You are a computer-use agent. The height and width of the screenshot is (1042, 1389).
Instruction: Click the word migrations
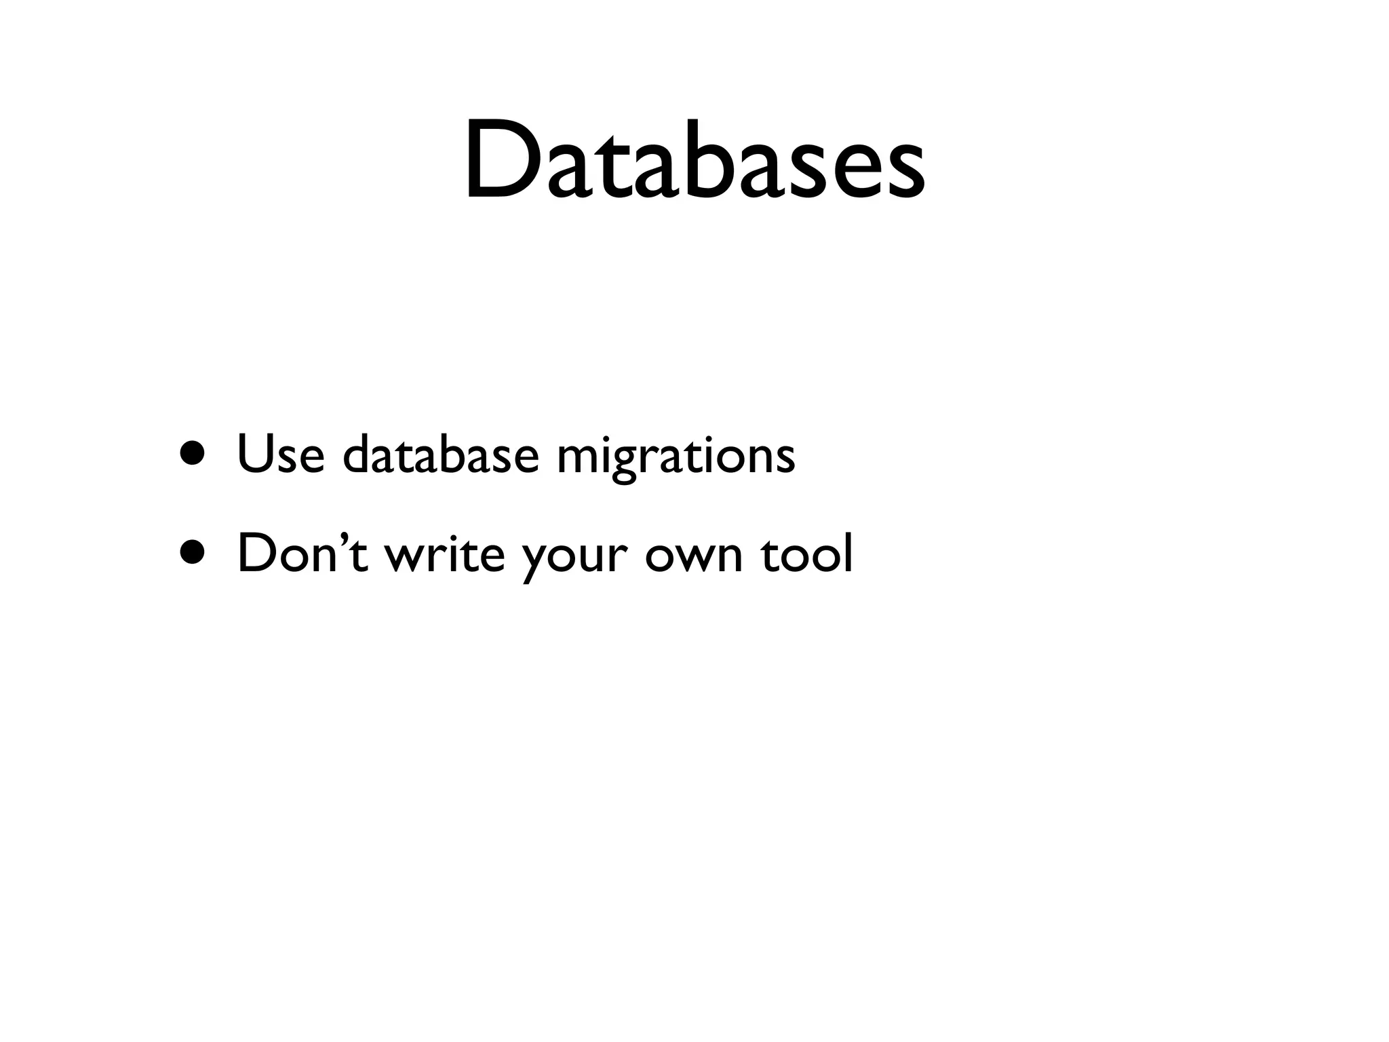coord(676,456)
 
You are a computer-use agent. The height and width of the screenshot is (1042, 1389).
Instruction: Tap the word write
coord(445,552)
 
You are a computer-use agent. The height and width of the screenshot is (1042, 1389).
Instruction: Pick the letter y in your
coord(536,560)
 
